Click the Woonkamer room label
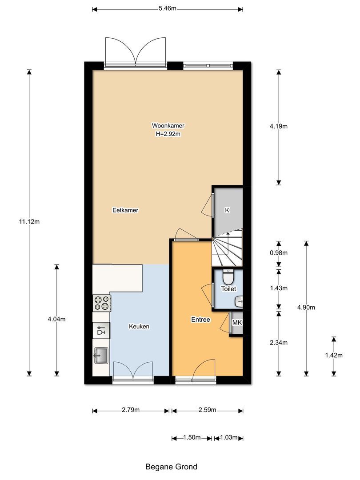[x=168, y=125]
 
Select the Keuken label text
[x=139, y=326]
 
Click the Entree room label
[x=200, y=319]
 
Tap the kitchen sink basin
[x=101, y=355]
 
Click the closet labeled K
[x=227, y=210]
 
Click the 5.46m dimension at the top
[x=167, y=8]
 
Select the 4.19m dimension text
[x=279, y=126]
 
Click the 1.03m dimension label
[x=228, y=438]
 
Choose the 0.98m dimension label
[x=279, y=253]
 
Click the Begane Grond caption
[x=171, y=467]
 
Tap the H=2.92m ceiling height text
[x=168, y=133]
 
